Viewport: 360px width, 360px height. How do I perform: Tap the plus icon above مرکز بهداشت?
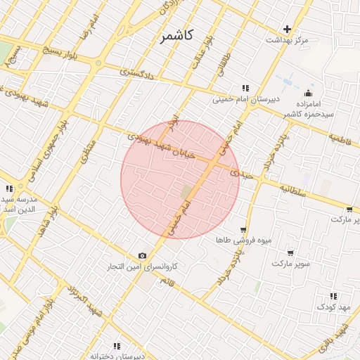(x=287, y=29)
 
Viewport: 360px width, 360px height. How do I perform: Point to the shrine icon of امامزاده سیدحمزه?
(x=308, y=94)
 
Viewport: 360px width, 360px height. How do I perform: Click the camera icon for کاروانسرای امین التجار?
(x=143, y=255)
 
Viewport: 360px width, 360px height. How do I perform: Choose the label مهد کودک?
(x=333, y=307)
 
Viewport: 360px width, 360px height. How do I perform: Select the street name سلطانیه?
(x=292, y=190)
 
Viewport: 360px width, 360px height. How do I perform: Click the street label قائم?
(x=167, y=282)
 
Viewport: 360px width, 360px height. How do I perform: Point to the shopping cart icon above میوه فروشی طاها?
(x=243, y=229)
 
